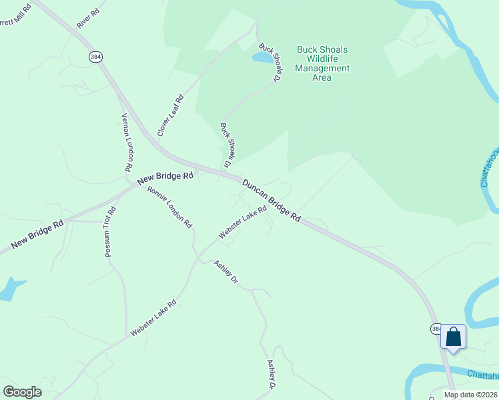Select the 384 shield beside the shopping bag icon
pyautogui.click(x=436, y=329)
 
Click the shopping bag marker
pyautogui.click(x=454, y=337)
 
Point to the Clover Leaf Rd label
pyautogui.click(x=170, y=116)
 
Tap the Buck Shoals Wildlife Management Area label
pyautogui.click(x=322, y=63)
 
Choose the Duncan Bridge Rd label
pyautogui.click(x=272, y=200)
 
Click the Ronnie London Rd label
pyautogui.click(x=170, y=207)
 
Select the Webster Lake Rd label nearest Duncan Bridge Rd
pyautogui.click(x=242, y=222)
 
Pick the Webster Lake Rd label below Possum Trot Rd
pyautogui.click(x=153, y=318)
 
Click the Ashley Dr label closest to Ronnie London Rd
pyautogui.click(x=226, y=272)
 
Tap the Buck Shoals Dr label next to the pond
pyautogui.click(x=270, y=63)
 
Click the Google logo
pyautogui.click(x=22, y=392)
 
